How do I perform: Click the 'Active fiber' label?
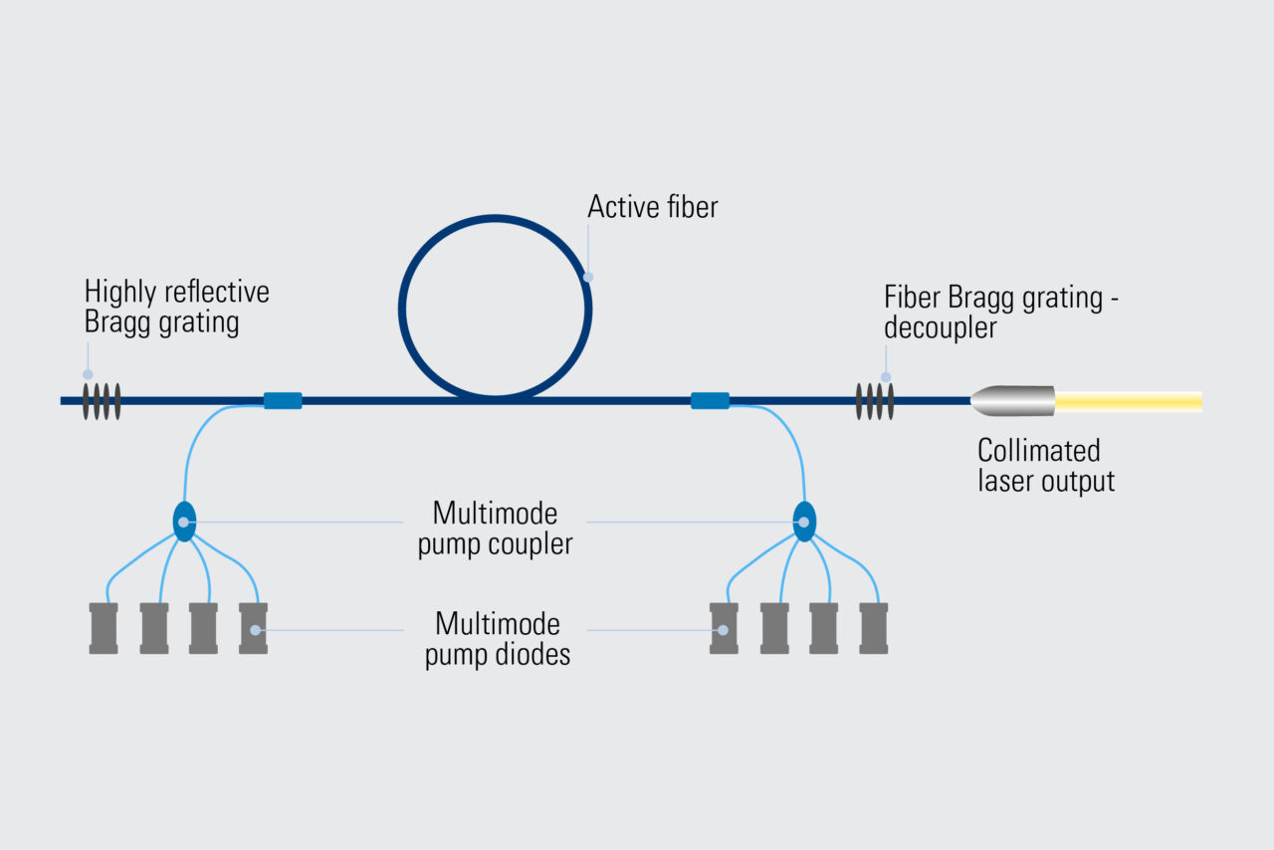tap(652, 207)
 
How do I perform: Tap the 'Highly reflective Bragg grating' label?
tap(176, 308)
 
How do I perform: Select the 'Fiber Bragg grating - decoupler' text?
tap(1000, 312)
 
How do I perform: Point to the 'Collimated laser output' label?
tap(1045, 466)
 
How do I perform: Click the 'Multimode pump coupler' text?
tap(495, 530)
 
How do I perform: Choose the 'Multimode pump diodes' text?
tap(497, 640)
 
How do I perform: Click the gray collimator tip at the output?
tap(1013, 401)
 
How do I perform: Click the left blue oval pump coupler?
tap(184, 522)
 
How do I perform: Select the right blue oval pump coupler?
tap(804, 522)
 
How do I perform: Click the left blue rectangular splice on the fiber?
tap(283, 401)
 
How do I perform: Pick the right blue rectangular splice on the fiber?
tap(710, 401)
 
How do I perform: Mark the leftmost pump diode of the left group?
tap(104, 628)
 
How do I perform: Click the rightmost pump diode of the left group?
tap(253, 628)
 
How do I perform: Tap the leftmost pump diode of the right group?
tap(724, 628)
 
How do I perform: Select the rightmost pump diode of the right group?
tap(873, 628)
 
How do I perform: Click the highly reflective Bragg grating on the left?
tap(102, 401)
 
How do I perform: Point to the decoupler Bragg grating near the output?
tap(875, 401)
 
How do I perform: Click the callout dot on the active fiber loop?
tap(588, 278)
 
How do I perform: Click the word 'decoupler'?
tap(940, 327)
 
